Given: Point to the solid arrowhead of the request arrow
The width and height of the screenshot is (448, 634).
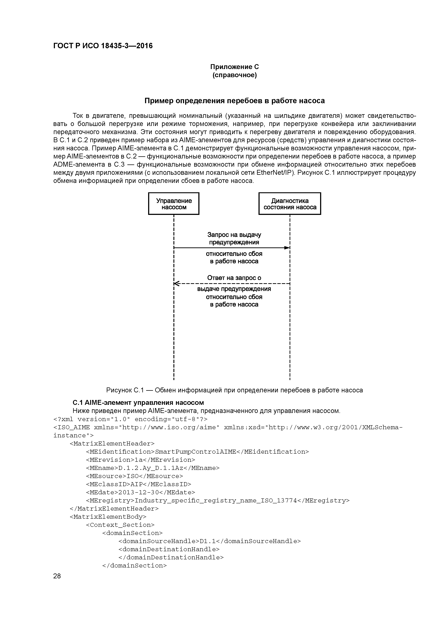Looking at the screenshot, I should coord(287,248).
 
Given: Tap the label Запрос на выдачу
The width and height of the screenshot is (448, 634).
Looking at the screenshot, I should coord(234,235).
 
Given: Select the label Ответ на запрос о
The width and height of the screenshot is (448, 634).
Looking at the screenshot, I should coord(234,278).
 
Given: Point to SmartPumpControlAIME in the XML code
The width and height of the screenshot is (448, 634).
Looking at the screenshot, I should coord(195,451).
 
